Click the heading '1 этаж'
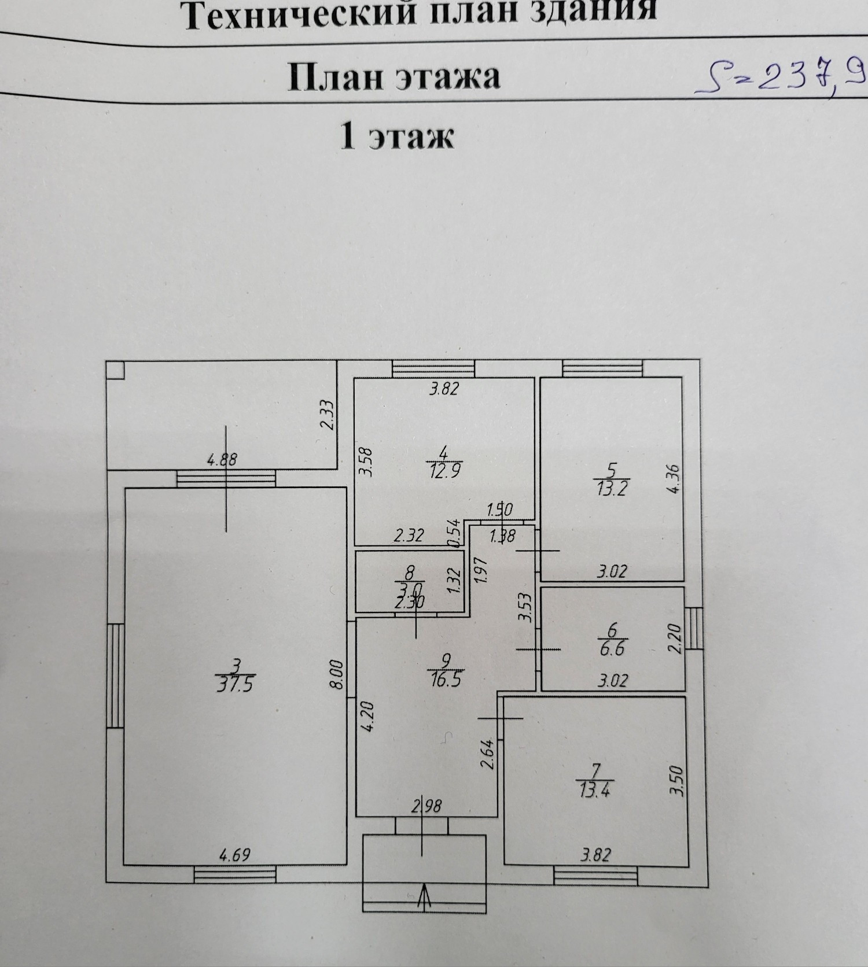pos(396,138)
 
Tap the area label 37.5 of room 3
pos(235,685)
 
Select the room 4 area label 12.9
pos(444,471)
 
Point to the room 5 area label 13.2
pos(612,488)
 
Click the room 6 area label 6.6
pos(612,648)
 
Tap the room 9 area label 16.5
pos(445,678)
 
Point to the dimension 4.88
pos(222,460)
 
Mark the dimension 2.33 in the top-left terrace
pos(327,415)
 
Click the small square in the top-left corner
pos(115,370)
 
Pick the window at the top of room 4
pos(433,368)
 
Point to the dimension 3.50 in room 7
pos(678,781)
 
